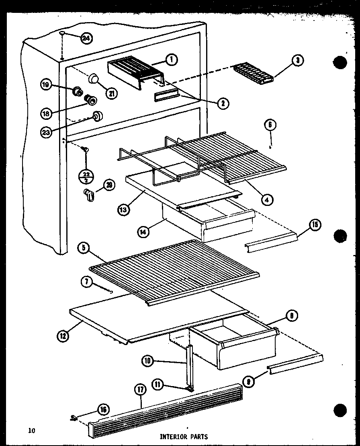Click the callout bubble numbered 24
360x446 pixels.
pos(86,38)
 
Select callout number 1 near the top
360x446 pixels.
pos(172,60)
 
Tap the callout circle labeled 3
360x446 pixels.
pos(297,61)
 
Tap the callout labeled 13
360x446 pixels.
pos(123,209)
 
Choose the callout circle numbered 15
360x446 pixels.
pos(315,225)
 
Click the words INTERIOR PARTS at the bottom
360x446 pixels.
pos(184,436)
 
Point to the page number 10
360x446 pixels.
pos(32,431)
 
